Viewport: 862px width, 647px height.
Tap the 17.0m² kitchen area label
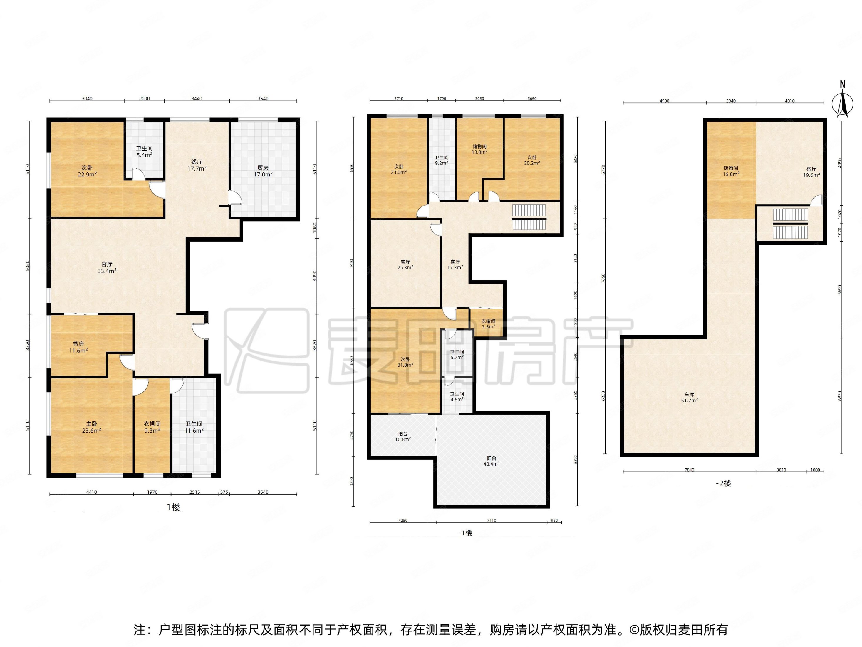(263, 171)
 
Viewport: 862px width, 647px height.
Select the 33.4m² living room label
(107, 268)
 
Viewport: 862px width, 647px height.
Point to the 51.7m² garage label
(689, 397)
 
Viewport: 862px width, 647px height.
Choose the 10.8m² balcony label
(403, 436)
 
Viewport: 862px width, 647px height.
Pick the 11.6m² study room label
(78, 347)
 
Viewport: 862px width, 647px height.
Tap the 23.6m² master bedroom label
(92, 427)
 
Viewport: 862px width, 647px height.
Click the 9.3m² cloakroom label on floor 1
(152, 427)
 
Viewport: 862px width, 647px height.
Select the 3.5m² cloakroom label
(488, 324)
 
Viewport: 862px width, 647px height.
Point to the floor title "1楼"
(173, 507)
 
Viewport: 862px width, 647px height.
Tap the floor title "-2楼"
(723, 483)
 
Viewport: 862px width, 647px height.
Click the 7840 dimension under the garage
(689, 470)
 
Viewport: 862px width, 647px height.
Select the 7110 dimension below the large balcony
(492, 520)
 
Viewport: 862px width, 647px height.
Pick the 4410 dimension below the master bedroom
(92, 492)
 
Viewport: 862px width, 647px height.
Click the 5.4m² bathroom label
(144, 151)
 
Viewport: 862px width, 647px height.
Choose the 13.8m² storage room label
(479, 149)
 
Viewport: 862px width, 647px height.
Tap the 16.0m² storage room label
(731, 171)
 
